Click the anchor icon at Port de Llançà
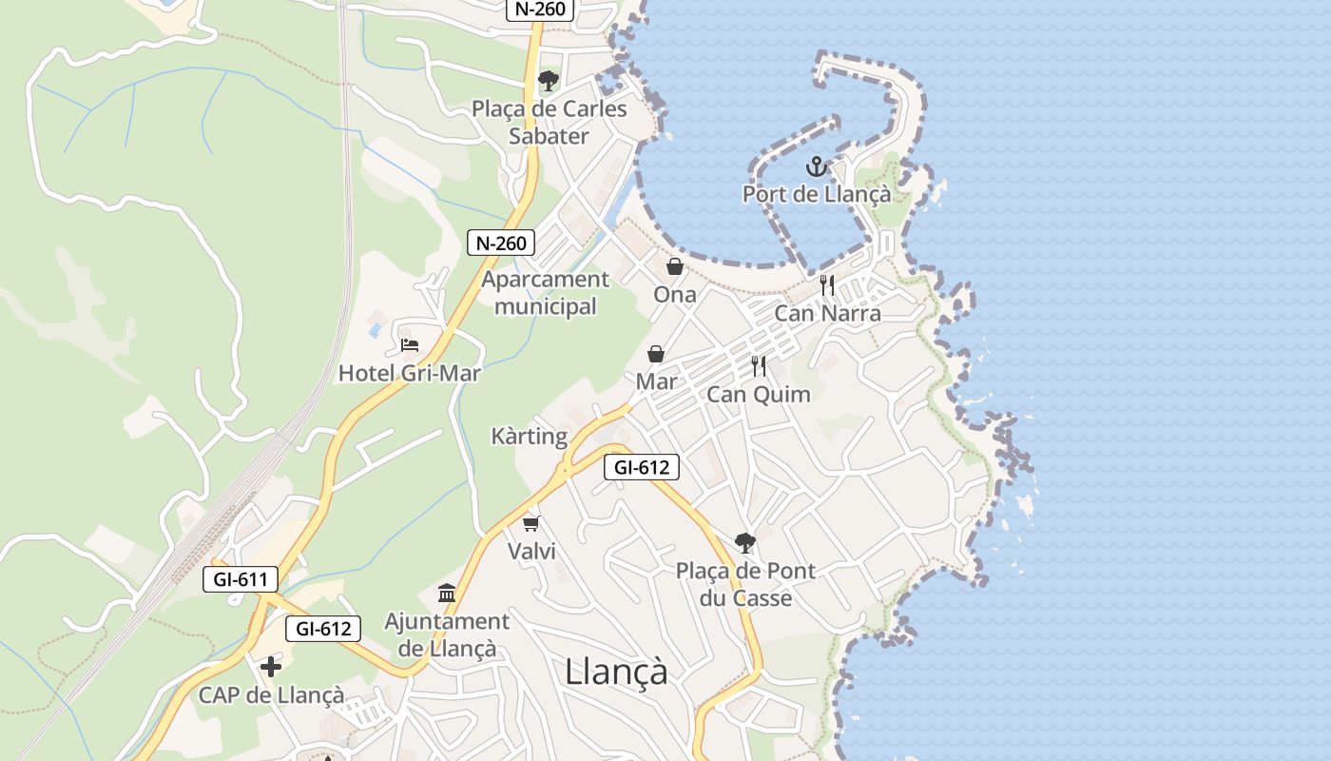coord(816,167)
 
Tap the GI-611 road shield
coord(241,578)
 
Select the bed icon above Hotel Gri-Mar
coord(410,344)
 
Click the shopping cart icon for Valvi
coord(531,523)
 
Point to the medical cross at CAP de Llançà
coord(271,667)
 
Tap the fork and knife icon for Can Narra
coord(827,284)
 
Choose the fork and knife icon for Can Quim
coord(759,366)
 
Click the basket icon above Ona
coord(675,266)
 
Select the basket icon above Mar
coord(656,354)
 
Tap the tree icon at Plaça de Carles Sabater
coord(548,81)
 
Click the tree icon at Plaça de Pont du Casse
coord(745,543)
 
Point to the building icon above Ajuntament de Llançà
coord(447,594)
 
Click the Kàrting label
coord(530,437)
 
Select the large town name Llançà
coord(616,672)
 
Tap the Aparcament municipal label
coord(545,293)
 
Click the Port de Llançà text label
coord(817,194)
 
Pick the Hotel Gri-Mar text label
coord(410,373)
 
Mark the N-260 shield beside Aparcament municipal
coord(501,243)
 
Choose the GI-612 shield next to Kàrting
coord(642,467)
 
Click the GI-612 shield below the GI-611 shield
coord(324,628)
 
